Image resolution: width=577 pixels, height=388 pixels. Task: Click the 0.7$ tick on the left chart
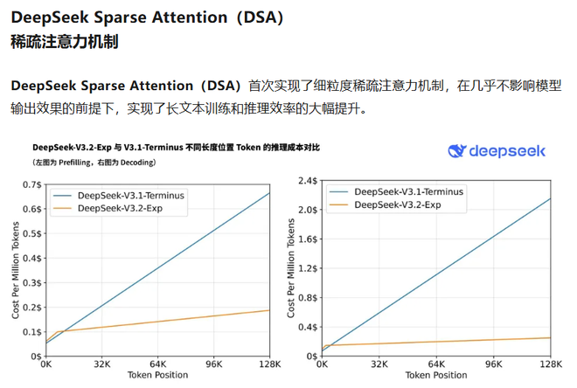tap(31, 184)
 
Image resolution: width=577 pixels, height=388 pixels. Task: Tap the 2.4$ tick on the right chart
tap(308, 181)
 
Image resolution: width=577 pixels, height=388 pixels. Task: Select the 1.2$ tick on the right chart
tap(308, 268)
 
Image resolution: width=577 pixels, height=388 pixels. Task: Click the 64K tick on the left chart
tap(157, 364)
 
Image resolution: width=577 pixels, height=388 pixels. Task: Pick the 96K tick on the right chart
tap(493, 364)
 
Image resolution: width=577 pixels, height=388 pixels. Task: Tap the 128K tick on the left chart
tap(268, 364)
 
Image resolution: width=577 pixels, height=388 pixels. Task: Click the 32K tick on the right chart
tap(379, 364)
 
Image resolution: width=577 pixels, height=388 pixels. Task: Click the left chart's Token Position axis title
tap(157, 377)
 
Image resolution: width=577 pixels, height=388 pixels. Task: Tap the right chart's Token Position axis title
tap(436, 377)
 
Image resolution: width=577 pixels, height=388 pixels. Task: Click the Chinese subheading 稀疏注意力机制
tap(65, 42)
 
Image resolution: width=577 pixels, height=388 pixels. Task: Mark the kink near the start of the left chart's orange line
tap(58, 332)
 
